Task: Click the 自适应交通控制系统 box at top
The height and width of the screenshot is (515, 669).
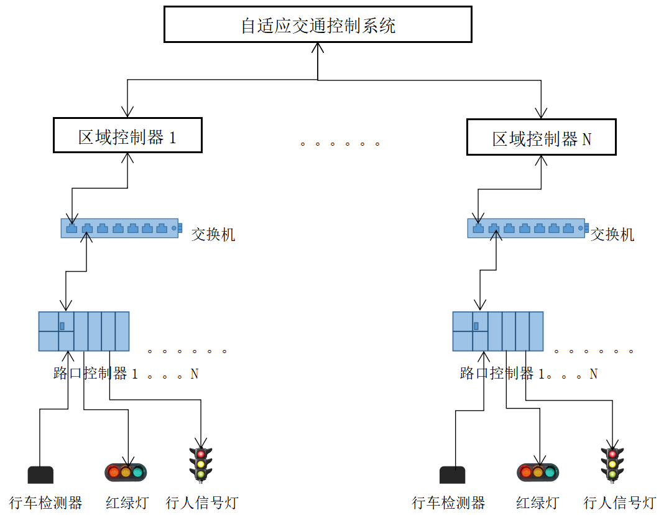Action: point(318,25)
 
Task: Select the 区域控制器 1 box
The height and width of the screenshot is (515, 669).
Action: point(127,136)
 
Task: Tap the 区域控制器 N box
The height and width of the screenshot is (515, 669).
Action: point(541,137)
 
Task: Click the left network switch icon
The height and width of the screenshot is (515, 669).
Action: point(121,228)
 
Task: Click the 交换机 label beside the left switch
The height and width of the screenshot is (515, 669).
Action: point(213,234)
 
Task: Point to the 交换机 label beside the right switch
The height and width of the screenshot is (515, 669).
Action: point(612,234)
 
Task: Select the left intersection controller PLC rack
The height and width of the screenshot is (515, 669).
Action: point(84,331)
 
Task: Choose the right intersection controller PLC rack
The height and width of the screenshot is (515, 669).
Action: point(498,331)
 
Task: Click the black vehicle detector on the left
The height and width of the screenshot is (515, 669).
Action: point(40,475)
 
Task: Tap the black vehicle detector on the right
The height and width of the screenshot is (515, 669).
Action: point(452,475)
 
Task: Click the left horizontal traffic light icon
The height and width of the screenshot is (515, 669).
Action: point(126,472)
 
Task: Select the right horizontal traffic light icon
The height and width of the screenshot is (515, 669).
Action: point(538,472)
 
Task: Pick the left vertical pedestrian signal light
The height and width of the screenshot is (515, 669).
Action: point(200,464)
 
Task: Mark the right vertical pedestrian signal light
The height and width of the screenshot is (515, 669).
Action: point(612,464)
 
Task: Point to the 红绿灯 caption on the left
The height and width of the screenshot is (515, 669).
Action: point(127,503)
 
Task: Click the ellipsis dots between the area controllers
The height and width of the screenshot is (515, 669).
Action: point(339,144)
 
